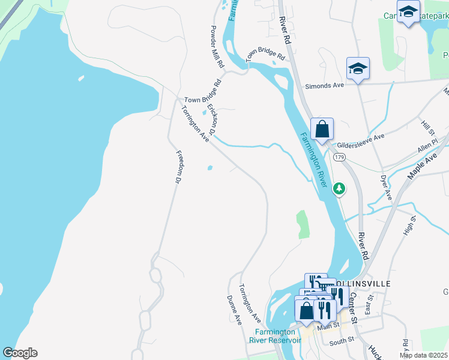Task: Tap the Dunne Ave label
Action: coord(234,310)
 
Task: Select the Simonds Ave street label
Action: coord(324,86)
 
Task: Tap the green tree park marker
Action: coord(339,188)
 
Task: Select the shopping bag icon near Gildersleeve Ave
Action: coord(322,129)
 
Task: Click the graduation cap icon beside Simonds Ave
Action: coord(358,68)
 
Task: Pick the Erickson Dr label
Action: coord(211,119)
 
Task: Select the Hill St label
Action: coord(427,127)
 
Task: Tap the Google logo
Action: coord(20,353)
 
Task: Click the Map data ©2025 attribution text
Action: coord(423,355)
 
